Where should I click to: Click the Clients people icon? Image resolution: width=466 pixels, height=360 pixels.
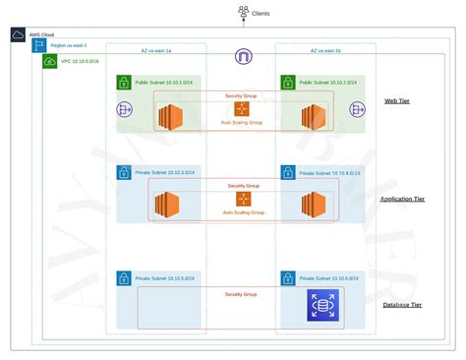pos(242,13)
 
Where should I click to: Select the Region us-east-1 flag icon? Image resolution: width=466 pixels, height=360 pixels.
pos(38,46)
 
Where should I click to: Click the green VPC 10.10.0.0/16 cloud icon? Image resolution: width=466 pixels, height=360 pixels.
pos(50,62)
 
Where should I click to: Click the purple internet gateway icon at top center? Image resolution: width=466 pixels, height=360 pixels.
pos(243,57)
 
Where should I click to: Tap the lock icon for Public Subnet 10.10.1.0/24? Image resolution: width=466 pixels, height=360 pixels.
pos(124,83)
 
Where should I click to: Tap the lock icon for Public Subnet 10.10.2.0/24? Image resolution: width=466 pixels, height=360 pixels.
pos(287,83)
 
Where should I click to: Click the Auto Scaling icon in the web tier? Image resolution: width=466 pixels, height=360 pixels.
pos(242,109)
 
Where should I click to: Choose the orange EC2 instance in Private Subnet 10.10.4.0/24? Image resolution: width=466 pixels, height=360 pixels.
pos(314,206)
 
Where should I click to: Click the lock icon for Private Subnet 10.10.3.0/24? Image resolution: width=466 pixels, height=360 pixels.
pos(124,173)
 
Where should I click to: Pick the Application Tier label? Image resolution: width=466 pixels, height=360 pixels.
pos(402,199)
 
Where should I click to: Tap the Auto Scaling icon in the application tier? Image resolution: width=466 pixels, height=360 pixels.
pos(243,200)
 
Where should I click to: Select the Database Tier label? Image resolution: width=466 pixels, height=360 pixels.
pos(402,305)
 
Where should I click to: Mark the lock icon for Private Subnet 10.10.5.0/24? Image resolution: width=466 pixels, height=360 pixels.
pos(124,279)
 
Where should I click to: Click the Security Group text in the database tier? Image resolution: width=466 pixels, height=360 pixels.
pos(241,294)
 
